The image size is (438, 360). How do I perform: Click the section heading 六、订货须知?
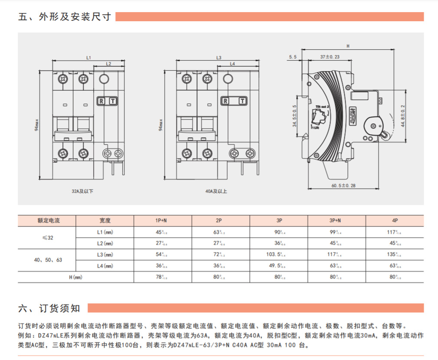49,308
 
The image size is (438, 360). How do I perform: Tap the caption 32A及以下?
82,191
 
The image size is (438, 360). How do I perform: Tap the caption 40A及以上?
216,191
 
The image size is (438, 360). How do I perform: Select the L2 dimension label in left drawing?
108,64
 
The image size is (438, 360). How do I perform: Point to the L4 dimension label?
232,64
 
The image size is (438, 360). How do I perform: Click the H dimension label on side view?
348,45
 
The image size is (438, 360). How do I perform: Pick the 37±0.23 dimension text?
330,57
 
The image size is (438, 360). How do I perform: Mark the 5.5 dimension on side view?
292,57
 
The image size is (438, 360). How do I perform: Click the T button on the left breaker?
113,101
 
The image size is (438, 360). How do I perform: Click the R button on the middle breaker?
226,101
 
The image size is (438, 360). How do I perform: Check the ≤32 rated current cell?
48,237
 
